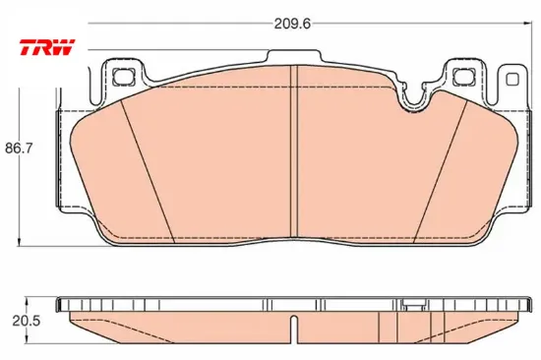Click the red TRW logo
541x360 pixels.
[x=47, y=47]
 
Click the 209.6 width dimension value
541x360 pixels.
[x=292, y=24]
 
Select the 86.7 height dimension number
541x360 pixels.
[x=19, y=149]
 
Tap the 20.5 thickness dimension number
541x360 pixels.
[x=27, y=321]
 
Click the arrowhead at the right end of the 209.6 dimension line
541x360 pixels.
[x=527, y=24]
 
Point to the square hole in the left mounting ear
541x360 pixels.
[x=124, y=77]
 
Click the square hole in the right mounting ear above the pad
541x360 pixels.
[x=463, y=77]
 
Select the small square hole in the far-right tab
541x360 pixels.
[x=512, y=80]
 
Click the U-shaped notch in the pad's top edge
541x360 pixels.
[x=414, y=97]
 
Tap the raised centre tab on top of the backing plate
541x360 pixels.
[x=294, y=56]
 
